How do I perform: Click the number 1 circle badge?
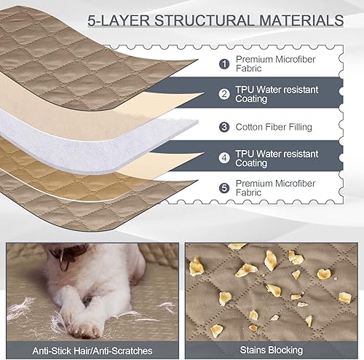point(224,63)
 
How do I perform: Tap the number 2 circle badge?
point(224,94)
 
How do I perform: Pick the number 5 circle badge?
point(224,188)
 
